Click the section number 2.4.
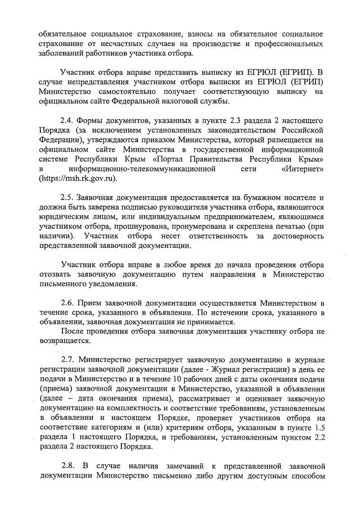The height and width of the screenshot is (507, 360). click(67, 121)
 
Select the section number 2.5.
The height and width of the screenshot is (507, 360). click(67, 197)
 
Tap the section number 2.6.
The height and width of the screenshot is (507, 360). click(67, 304)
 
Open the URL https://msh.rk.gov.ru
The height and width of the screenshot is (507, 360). click(78, 179)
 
